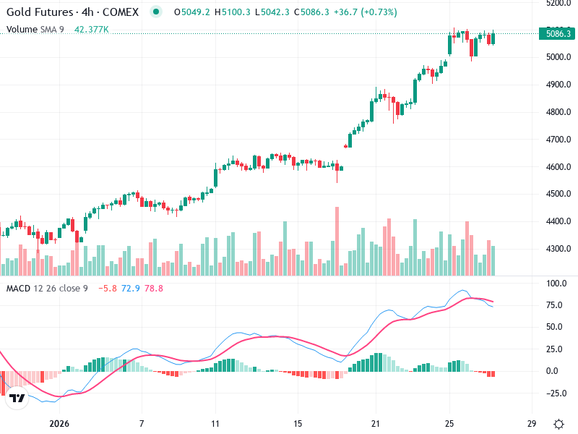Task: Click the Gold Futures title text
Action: point(40,12)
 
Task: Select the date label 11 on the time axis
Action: point(215,423)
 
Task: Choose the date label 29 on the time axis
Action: point(532,423)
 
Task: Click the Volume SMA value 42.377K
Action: point(92,30)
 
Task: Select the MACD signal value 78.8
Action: point(154,289)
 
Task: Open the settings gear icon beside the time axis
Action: point(558,423)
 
